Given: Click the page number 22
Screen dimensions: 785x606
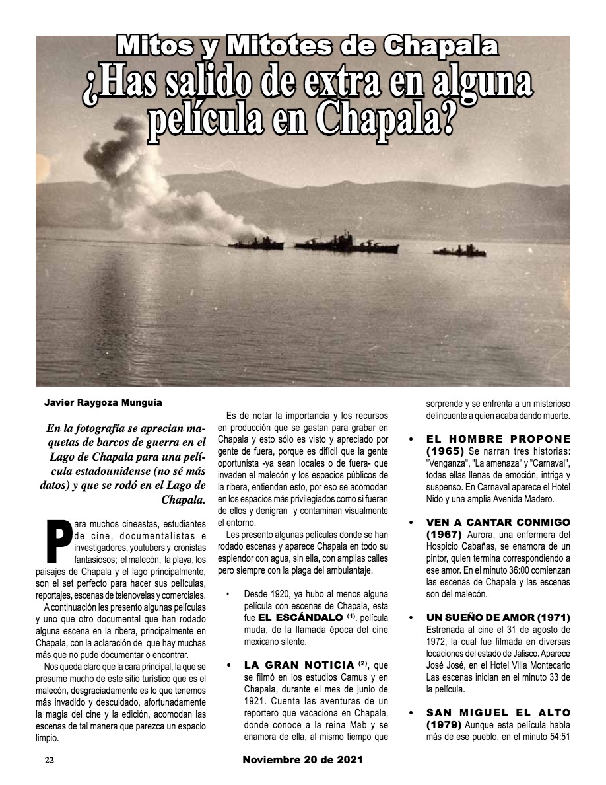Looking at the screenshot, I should tap(49, 760).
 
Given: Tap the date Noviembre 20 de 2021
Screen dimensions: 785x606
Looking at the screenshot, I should tap(302, 760).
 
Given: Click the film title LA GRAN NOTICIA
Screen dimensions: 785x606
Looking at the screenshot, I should tap(299, 664).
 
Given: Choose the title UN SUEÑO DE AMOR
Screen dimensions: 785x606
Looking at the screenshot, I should tap(488, 617).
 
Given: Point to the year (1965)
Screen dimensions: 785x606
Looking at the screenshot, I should tap(445, 451).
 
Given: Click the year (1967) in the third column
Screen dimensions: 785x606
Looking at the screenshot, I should tap(444, 534).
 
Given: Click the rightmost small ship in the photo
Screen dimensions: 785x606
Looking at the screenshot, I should tap(459, 251).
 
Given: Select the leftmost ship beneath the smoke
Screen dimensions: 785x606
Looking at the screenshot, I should tap(256, 243).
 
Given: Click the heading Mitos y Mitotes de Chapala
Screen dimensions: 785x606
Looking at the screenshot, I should tap(307, 46).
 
